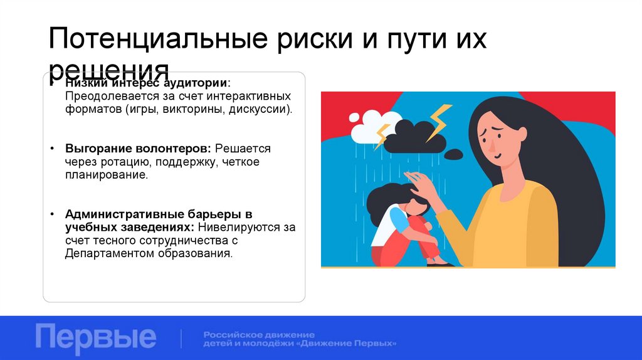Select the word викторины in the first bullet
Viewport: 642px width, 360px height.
click(178, 109)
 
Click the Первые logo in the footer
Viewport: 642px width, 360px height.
click(95, 337)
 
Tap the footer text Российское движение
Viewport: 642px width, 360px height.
click(259, 334)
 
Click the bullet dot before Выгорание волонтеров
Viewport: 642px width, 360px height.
click(51, 150)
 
